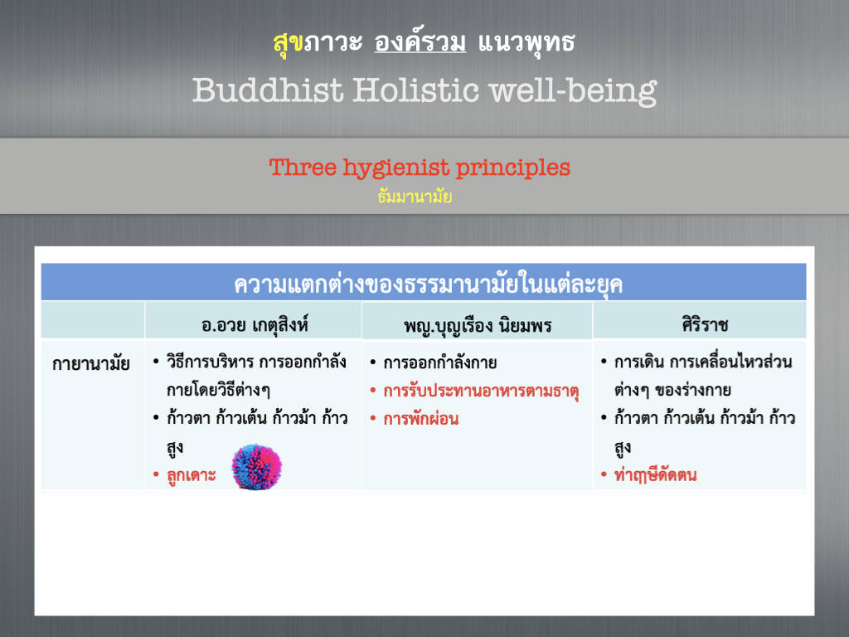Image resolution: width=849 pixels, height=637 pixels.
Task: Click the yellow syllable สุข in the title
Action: coord(288,42)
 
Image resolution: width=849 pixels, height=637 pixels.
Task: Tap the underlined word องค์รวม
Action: coord(420,41)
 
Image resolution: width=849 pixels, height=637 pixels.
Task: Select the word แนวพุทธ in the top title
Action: coord(526,42)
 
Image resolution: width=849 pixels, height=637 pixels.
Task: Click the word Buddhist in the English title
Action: coord(268,90)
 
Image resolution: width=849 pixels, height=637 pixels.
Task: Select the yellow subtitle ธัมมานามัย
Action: coord(415,197)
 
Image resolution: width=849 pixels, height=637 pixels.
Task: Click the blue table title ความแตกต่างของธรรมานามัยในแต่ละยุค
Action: coord(428,284)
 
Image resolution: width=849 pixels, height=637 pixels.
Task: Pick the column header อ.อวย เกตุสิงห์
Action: coord(255,325)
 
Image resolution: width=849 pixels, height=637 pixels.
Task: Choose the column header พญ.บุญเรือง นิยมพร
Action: coord(478,325)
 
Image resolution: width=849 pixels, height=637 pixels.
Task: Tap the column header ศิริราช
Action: coord(705,324)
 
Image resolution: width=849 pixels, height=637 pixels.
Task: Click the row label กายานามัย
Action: coord(91,363)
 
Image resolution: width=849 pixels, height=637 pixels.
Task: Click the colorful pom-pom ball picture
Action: coord(257,467)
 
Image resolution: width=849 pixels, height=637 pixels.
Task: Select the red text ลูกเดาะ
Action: coord(192,475)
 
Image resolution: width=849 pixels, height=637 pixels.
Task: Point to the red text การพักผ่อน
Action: coord(420,419)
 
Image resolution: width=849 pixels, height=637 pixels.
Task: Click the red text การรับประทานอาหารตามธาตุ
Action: coord(482,391)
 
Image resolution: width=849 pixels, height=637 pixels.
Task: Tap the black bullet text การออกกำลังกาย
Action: coord(439,362)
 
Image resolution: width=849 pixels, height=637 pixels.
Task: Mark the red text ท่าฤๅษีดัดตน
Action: coord(655,475)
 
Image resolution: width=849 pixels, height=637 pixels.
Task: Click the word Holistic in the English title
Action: coord(416,90)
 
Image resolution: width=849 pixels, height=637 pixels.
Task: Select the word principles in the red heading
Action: coord(512,168)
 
